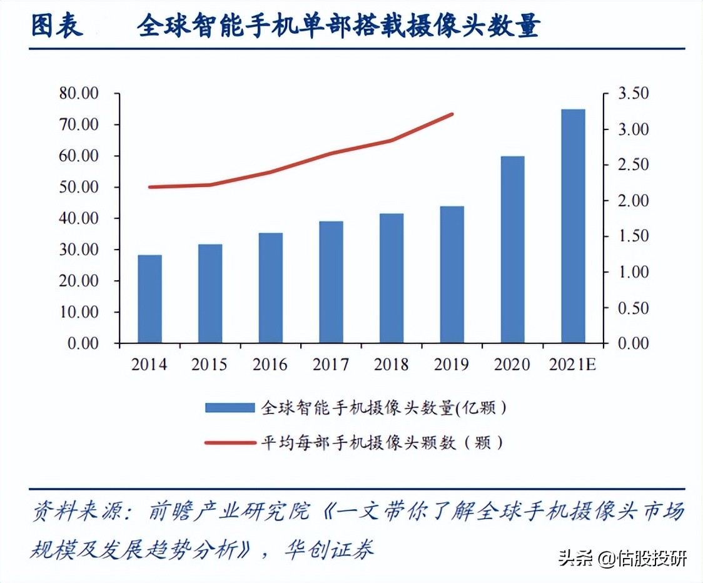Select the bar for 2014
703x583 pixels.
click(150, 299)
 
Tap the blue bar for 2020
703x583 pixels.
click(512, 250)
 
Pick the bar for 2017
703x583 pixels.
click(331, 282)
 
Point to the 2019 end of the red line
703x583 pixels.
click(452, 114)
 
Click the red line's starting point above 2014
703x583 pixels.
click(150, 187)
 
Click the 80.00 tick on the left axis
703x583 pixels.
click(81, 94)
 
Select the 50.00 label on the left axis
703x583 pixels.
click(81, 187)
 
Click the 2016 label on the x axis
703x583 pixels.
click(271, 364)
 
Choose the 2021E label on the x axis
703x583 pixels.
click(573, 364)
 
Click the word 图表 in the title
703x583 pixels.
click(57, 26)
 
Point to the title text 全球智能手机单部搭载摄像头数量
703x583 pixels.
click(338, 26)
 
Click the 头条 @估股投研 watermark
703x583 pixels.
click(623, 558)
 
